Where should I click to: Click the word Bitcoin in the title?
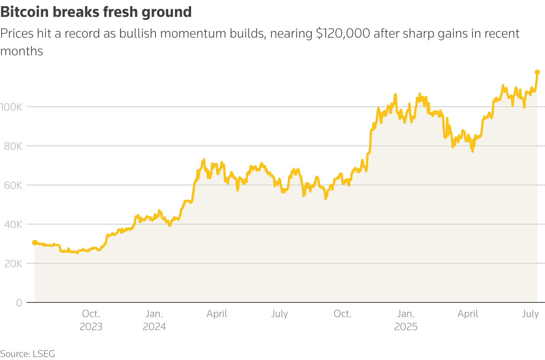click(x=25, y=12)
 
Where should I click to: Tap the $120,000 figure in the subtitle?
click(x=343, y=34)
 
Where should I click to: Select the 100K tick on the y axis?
click(x=11, y=107)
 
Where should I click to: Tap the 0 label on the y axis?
click(x=19, y=303)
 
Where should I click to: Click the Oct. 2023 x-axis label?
click(x=91, y=320)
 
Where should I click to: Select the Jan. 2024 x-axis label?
click(x=154, y=320)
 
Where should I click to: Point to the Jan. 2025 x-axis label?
click(x=406, y=320)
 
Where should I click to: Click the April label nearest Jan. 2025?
click(x=468, y=314)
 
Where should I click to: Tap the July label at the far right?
click(x=530, y=314)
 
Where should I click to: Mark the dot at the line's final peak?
click(x=537, y=72)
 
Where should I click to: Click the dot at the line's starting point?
click(x=35, y=243)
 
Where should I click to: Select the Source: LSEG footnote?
click(x=28, y=353)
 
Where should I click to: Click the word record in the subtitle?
click(x=81, y=34)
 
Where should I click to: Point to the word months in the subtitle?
click(x=21, y=51)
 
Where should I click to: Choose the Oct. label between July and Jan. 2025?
click(x=342, y=314)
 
